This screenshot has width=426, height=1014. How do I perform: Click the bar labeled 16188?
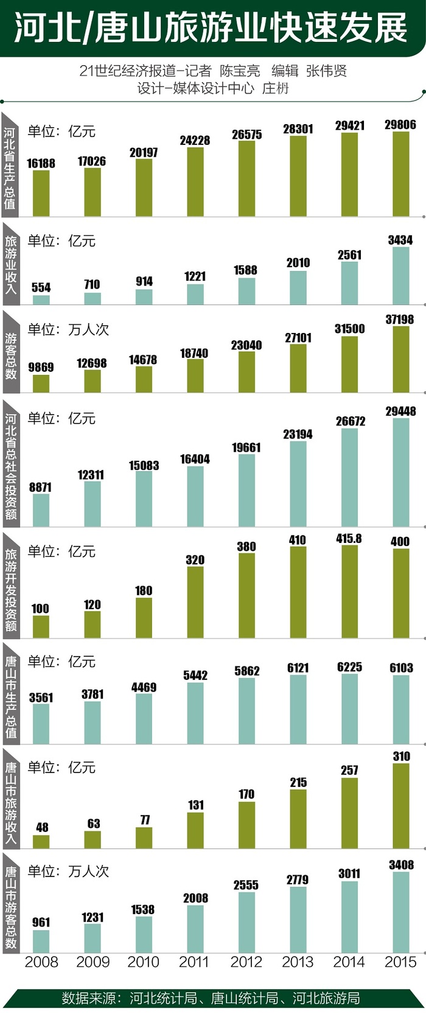[x=41, y=193]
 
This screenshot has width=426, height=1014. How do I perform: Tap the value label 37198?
[x=400, y=320]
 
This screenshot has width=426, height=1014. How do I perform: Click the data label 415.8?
[x=349, y=539]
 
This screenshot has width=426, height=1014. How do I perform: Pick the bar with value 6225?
[x=349, y=708]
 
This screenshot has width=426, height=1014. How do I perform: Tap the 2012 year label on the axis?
[x=246, y=962]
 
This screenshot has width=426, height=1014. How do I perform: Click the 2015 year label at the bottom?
[x=400, y=962]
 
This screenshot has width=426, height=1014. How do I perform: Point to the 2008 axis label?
[x=41, y=962]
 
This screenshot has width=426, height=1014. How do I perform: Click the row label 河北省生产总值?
[x=10, y=167]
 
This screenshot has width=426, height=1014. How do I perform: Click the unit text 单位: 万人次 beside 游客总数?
[x=68, y=330]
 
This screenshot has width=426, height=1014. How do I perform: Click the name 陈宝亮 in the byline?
[x=240, y=71]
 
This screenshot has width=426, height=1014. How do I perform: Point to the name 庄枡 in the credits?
[x=275, y=89]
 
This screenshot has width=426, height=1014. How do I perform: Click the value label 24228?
[x=195, y=141]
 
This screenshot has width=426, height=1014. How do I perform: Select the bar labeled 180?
[x=144, y=617]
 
